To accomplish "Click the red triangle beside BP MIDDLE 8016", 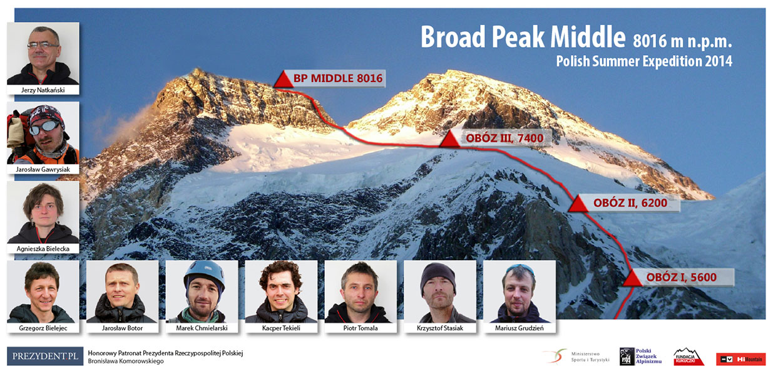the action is point(284,79).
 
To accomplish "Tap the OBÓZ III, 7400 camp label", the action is point(504,138).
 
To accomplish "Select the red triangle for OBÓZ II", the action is point(578,203).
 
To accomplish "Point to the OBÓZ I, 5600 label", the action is point(682,277).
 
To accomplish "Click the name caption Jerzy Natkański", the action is point(43,90).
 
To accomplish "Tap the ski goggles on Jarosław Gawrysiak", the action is point(44,127).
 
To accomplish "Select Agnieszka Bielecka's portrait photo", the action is point(43,212).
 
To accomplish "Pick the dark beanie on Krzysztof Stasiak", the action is point(438,276).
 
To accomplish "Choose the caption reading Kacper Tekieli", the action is point(281,328).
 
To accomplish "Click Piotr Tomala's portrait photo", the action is point(361,291).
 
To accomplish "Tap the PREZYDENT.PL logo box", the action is point(45,356).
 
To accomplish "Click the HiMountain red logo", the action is point(741,359).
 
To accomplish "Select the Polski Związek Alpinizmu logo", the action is point(640,357).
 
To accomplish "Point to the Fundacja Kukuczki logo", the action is point(689,357).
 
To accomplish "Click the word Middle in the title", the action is point(588,36).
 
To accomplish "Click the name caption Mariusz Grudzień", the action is point(520,328).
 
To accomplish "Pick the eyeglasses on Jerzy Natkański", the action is point(43,45).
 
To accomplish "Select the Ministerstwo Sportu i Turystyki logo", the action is point(576,357).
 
